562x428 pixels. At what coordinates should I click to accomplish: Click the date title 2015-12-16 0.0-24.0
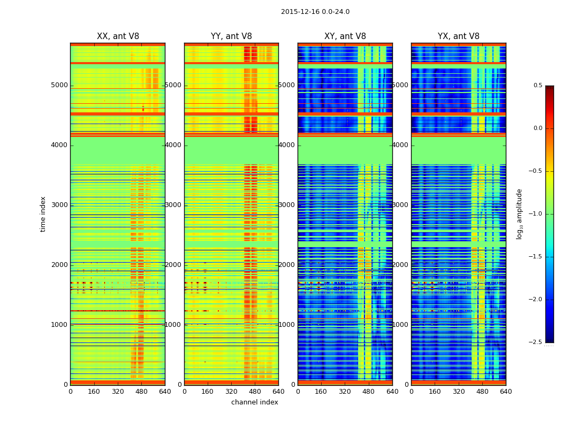tap(315, 12)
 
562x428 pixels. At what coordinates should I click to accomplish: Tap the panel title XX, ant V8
tap(118, 36)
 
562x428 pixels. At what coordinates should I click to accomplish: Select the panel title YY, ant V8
tap(231, 36)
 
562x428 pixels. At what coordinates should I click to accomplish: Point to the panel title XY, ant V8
tap(345, 36)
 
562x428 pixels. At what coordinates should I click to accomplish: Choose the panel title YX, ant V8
tap(459, 36)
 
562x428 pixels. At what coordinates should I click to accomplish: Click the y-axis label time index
tap(43, 214)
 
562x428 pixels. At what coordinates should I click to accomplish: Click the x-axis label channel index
tap(254, 402)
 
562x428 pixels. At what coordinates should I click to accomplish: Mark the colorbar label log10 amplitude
tap(519, 214)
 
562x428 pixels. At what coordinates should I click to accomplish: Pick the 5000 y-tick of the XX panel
tap(59, 85)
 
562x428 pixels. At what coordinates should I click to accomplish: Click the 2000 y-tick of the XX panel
tap(59, 265)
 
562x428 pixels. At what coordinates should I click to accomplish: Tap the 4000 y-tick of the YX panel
tap(401, 145)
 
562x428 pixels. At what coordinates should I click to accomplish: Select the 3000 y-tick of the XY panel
tap(287, 205)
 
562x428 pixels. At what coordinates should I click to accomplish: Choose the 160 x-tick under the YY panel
tap(208, 392)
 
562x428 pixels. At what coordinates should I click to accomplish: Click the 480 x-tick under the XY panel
tap(369, 392)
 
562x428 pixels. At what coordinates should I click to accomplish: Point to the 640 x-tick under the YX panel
tap(506, 392)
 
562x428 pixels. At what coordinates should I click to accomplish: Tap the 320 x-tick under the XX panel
tap(118, 392)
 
